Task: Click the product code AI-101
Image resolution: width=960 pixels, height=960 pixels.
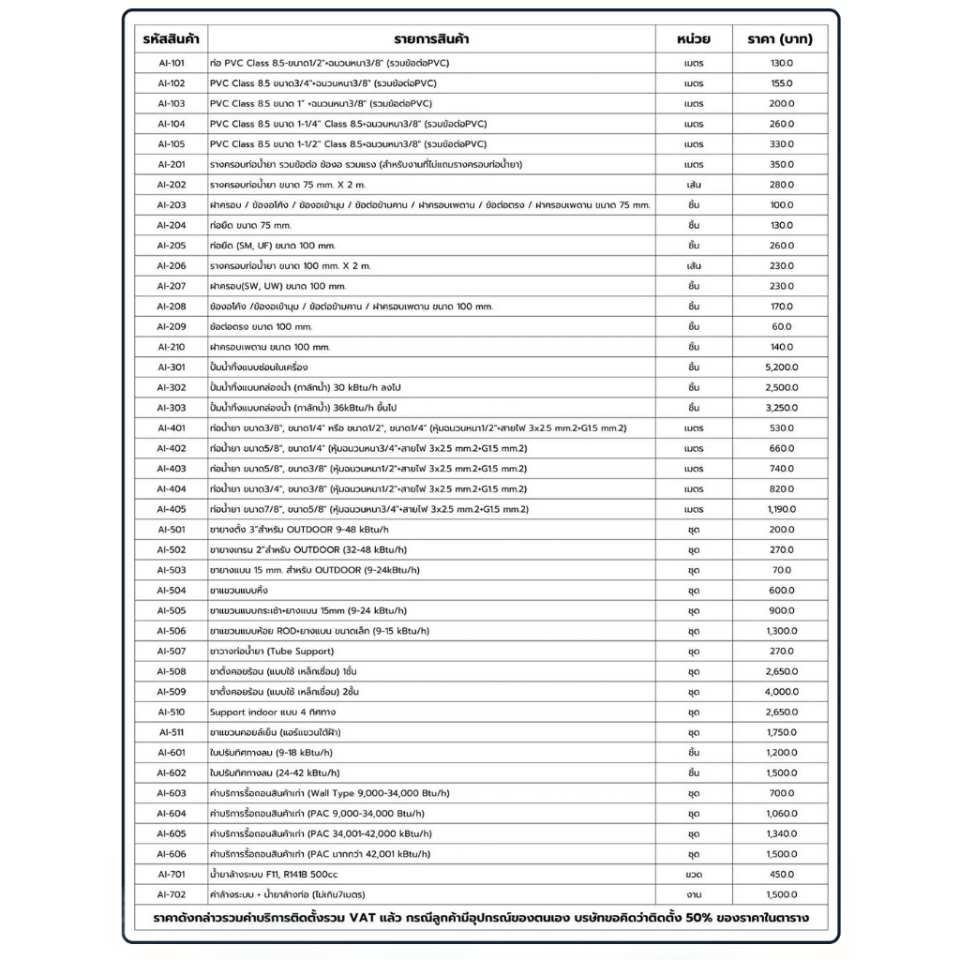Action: click(172, 63)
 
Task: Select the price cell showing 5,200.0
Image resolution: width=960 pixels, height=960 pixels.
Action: click(780, 367)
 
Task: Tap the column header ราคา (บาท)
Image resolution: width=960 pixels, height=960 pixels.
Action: click(780, 39)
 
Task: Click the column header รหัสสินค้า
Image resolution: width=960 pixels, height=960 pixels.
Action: click(172, 39)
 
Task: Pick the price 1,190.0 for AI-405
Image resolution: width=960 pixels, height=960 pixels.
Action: click(780, 509)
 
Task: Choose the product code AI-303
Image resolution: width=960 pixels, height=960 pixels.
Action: click(172, 408)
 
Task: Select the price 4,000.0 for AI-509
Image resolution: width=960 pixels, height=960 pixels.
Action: click(780, 692)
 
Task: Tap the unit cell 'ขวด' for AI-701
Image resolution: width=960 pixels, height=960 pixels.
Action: click(694, 874)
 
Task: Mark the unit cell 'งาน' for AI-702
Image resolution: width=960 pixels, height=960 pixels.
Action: click(694, 894)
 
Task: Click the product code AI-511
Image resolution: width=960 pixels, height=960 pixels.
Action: click(172, 732)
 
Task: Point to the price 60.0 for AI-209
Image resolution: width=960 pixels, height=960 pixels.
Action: click(780, 326)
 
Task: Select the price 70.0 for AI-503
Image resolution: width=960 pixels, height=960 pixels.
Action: click(780, 570)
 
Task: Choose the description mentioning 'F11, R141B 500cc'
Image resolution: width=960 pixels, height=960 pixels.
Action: click(277, 874)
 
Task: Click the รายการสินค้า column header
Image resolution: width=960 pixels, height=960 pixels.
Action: click(432, 39)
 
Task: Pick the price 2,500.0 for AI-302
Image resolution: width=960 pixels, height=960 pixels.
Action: click(780, 387)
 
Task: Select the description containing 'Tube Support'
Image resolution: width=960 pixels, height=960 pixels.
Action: click(272, 651)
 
